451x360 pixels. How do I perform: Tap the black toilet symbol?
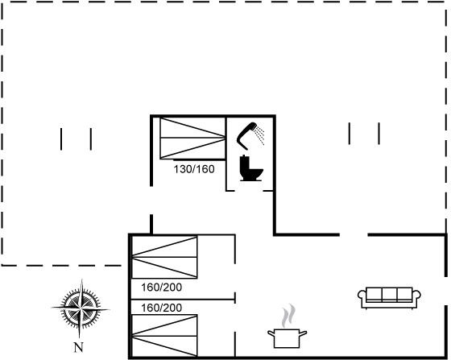point(250,168)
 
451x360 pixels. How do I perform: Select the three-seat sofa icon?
point(389,298)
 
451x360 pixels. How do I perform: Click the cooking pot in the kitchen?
point(287,338)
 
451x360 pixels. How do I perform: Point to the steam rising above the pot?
point(288,316)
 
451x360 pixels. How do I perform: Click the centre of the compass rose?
point(81,308)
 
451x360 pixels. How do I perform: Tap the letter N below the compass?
point(79,347)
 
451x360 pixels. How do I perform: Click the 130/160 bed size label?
point(194,169)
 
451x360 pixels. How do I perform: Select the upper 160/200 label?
point(161,287)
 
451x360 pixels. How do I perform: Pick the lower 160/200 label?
point(161,308)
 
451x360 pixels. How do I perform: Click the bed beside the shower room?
point(192,138)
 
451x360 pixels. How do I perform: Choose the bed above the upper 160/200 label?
point(164,257)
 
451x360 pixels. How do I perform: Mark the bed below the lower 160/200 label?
point(164,336)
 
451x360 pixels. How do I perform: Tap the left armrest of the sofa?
point(362,296)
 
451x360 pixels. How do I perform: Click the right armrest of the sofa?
point(416,296)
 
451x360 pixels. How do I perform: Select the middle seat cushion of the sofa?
point(390,295)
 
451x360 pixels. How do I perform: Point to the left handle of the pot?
point(271,333)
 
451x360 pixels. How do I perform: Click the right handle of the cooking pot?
point(303,333)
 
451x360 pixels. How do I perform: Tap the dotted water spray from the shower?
point(259,134)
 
